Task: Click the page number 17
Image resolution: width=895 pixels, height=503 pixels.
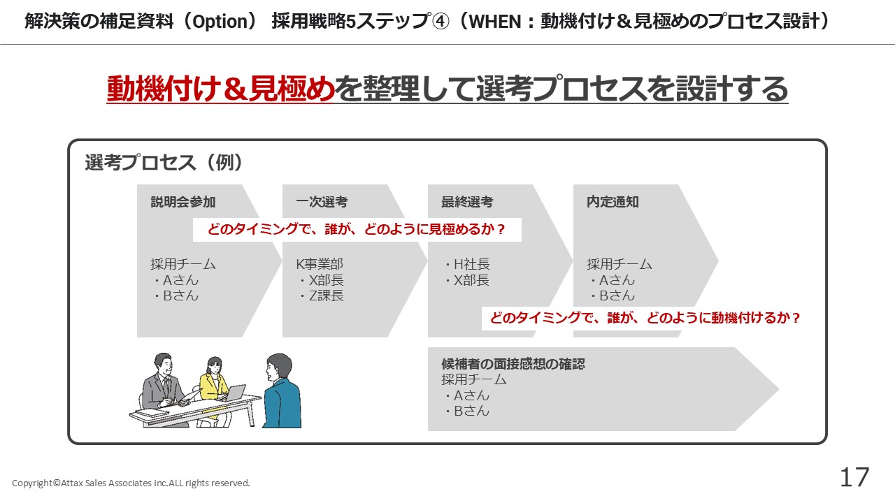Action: [854, 477]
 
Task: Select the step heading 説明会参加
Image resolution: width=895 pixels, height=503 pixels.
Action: [183, 202]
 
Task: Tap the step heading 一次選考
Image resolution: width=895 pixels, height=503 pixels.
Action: [322, 202]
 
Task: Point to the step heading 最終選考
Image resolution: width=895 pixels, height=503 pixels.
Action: [467, 202]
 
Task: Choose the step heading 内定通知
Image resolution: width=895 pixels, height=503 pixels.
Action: [613, 202]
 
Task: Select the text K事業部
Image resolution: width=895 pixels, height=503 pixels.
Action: [320, 264]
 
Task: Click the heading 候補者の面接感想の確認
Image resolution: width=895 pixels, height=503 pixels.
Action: [513, 364]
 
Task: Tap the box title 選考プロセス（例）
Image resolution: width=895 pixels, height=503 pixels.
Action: [164, 163]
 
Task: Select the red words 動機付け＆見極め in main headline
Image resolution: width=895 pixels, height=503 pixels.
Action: [220, 89]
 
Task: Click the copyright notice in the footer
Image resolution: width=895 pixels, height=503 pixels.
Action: [131, 483]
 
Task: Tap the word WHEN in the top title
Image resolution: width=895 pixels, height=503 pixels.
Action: [495, 22]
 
